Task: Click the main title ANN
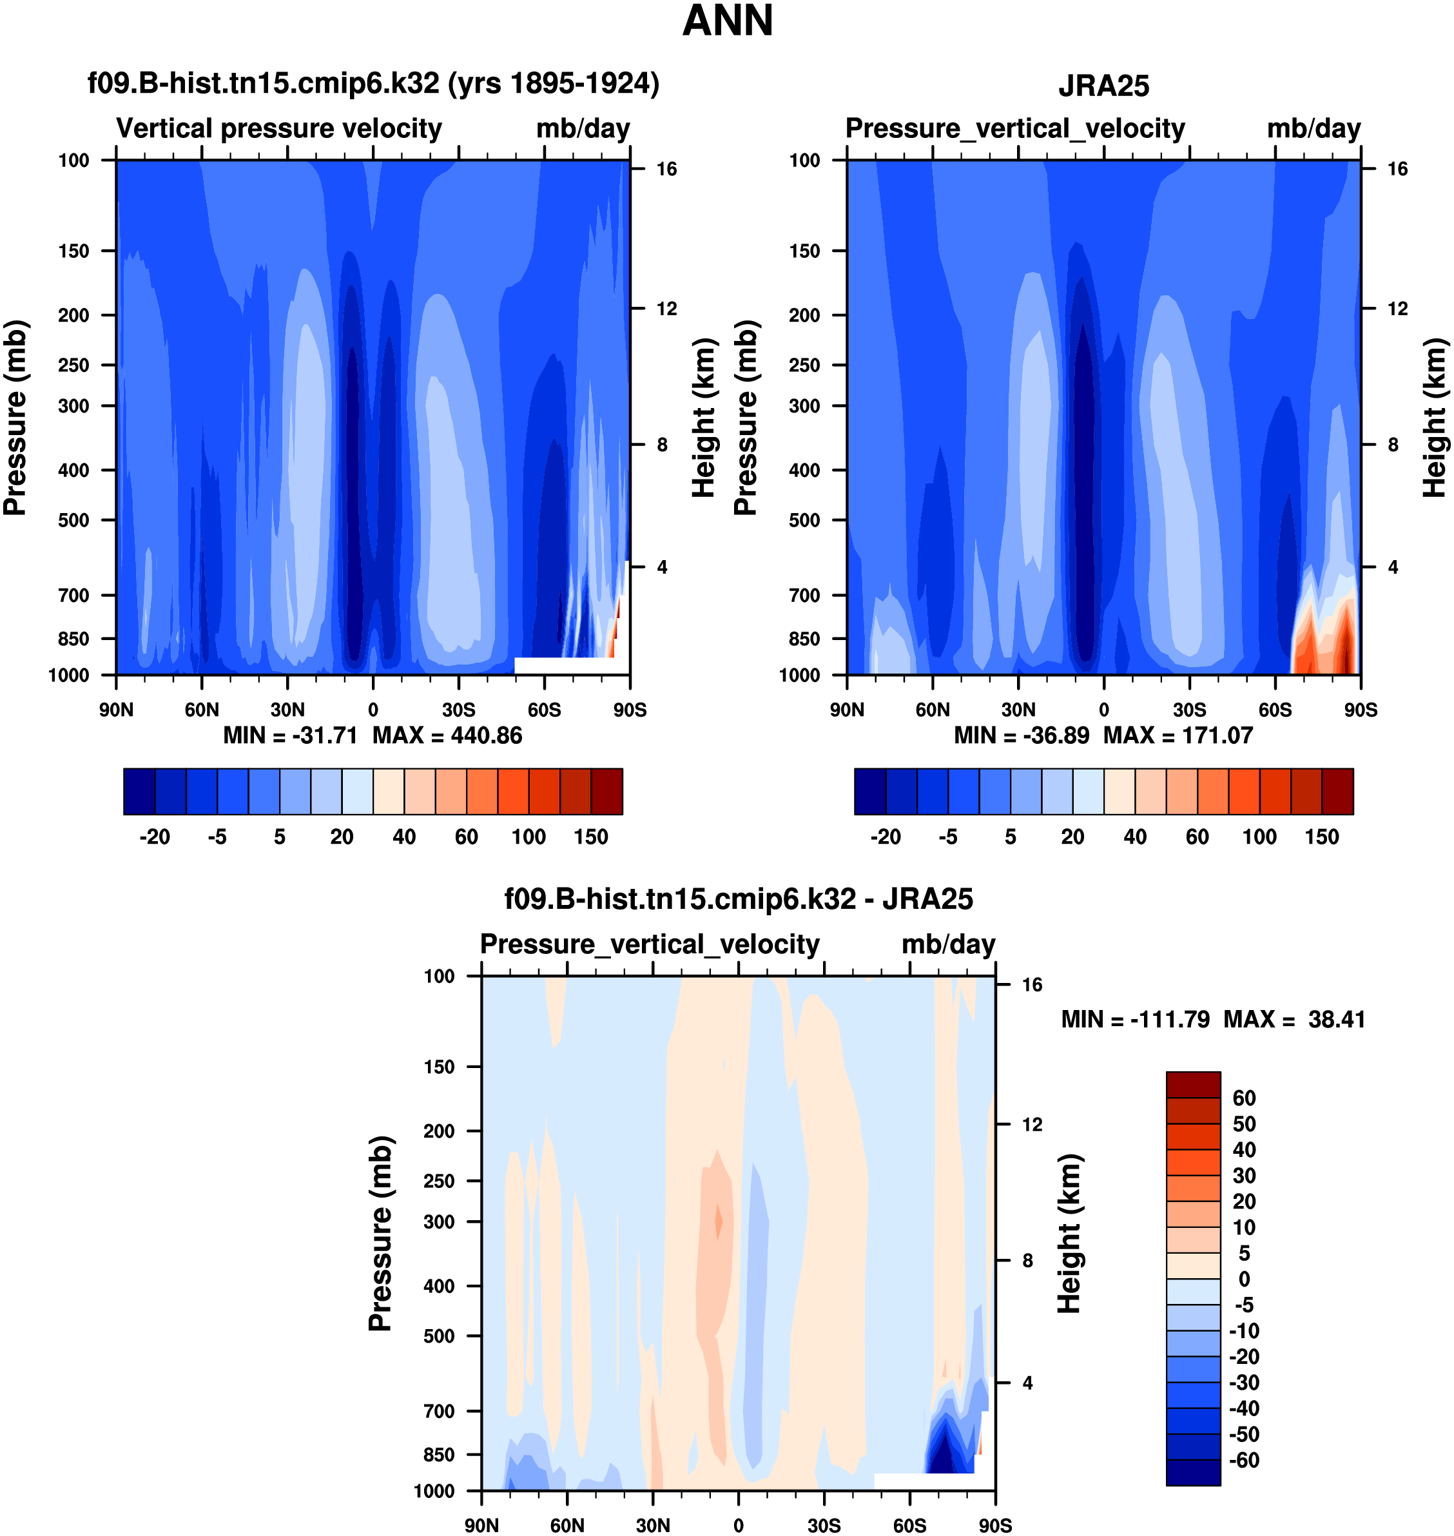(x=727, y=21)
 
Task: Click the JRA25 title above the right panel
(x=1103, y=86)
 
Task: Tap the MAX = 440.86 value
(x=447, y=735)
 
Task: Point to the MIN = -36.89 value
(x=1021, y=735)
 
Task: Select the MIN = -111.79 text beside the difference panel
(x=1135, y=1019)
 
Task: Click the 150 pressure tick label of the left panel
(x=73, y=251)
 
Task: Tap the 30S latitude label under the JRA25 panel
(x=1189, y=710)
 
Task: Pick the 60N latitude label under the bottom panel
(x=567, y=1525)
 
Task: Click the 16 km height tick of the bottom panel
(x=1032, y=985)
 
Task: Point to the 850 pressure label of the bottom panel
(x=439, y=1455)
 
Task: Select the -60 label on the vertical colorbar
(x=1243, y=1460)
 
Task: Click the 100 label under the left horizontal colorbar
(x=528, y=837)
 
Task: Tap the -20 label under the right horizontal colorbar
(x=885, y=837)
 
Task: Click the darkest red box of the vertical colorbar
(x=1193, y=1085)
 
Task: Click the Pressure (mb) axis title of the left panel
(x=15, y=418)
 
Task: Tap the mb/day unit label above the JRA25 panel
(x=1313, y=129)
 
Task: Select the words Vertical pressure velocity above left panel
(x=279, y=129)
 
